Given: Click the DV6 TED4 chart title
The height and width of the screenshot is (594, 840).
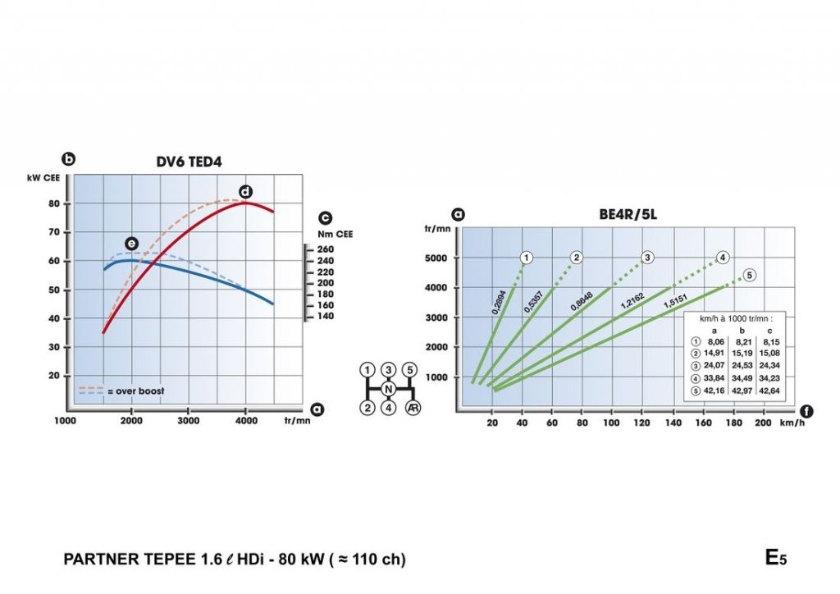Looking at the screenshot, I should pos(189,162).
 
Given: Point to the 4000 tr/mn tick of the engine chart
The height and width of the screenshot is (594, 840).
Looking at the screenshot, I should pos(246,422).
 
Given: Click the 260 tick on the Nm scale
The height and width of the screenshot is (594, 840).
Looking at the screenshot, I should pos(326,249).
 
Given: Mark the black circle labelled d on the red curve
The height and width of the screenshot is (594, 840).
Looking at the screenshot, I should pos(245,192).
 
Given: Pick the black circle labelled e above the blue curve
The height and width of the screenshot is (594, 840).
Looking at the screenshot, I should pos(131,243).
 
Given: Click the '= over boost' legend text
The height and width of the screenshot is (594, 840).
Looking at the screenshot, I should pos(138,391).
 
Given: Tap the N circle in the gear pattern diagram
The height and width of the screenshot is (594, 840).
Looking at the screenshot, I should pos(389,388).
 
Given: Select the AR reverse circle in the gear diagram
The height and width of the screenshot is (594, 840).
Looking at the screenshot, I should pos(410,408).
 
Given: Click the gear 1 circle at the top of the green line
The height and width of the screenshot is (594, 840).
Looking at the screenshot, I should pos(527,258).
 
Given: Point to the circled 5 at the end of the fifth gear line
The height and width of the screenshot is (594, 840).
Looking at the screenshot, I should pos(749,275).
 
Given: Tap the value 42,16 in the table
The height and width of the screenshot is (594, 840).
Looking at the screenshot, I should pos(715,391).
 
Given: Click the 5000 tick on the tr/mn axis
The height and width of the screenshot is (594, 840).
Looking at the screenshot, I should pos(437,258).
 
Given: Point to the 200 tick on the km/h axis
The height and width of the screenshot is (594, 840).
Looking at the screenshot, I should pos(762,423).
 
